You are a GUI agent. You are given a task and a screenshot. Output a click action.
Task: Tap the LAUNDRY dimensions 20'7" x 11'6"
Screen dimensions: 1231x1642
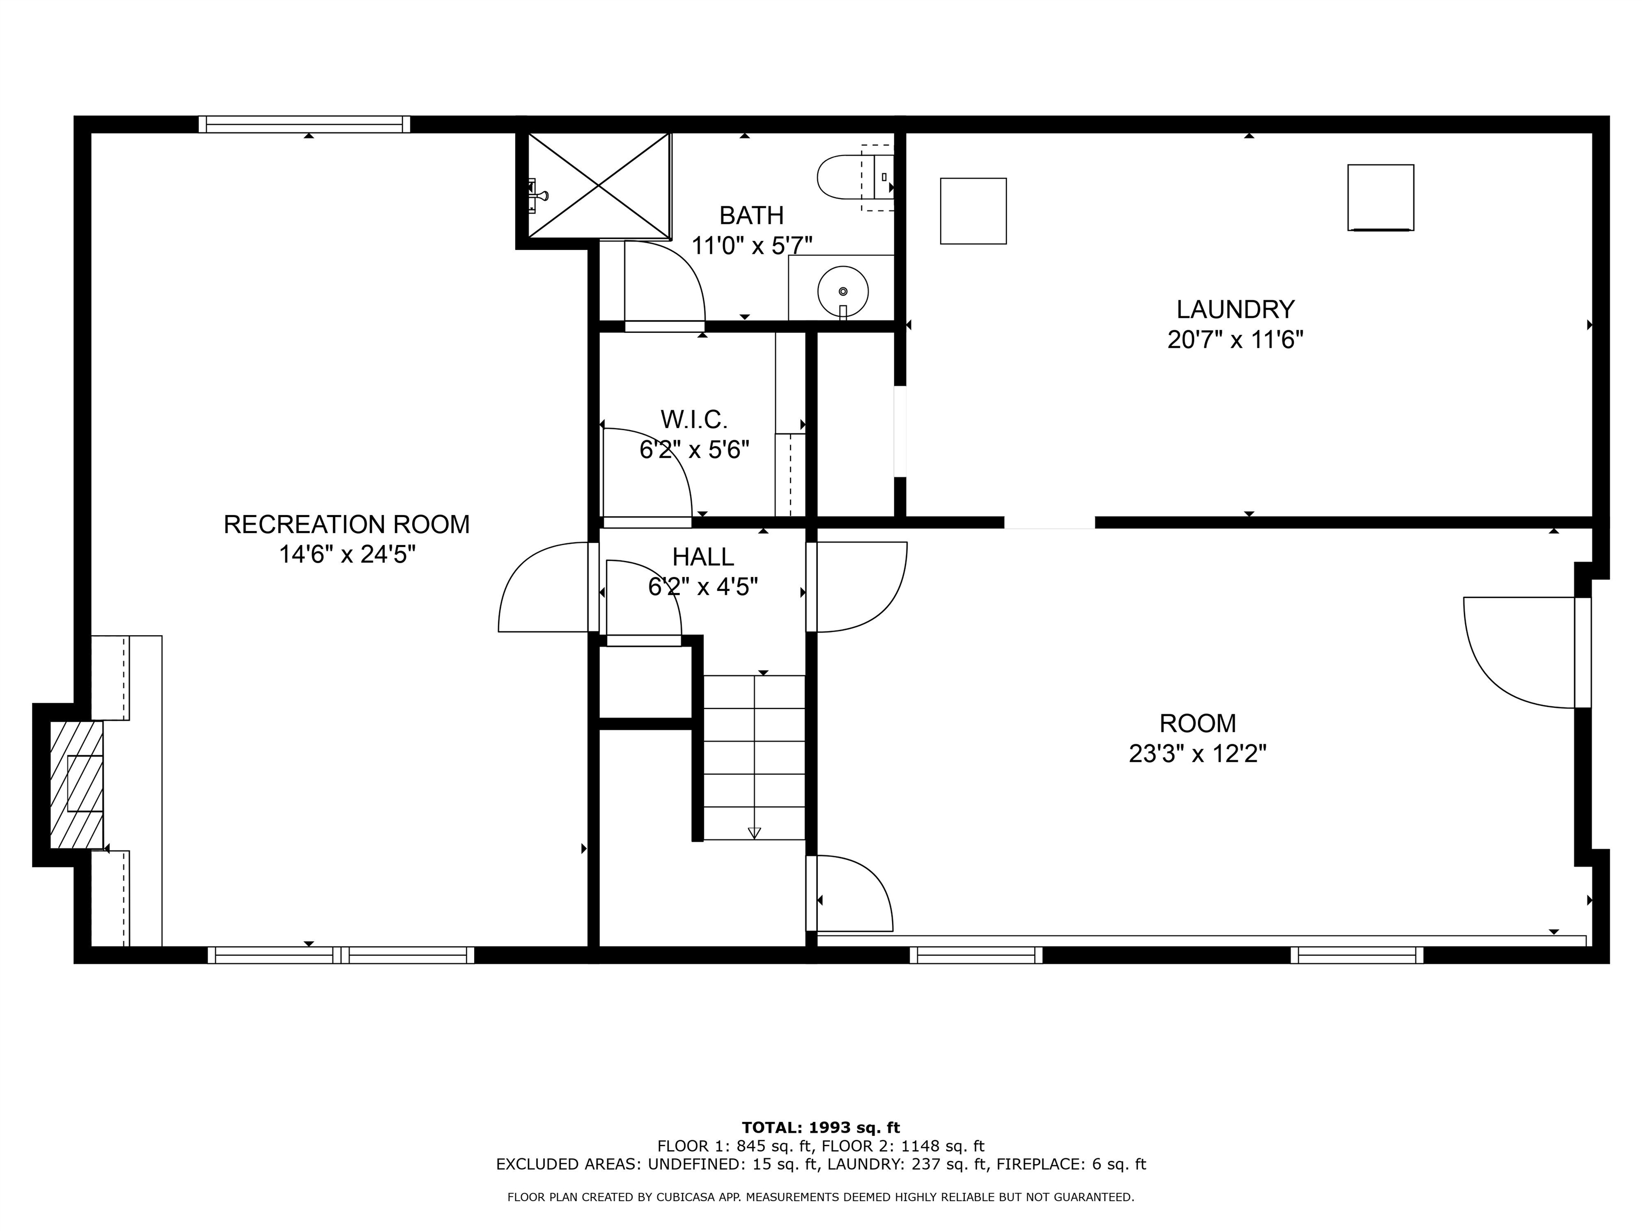tap(1235, 340)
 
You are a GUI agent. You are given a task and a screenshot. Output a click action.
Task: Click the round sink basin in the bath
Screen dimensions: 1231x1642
tap(842, 292)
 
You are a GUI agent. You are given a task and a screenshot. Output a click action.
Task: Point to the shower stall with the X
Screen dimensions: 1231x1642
tap(598, 186)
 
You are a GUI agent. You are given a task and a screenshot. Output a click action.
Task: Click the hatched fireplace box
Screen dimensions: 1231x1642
tap(76, 784)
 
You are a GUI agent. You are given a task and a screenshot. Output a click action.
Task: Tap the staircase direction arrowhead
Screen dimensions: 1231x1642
tap(754, 832)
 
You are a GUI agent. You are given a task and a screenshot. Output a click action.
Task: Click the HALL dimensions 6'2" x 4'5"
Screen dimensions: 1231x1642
tap(702, 587)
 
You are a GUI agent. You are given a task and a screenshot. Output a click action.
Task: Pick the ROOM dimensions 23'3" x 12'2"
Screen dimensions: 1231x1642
tap(1197, 754)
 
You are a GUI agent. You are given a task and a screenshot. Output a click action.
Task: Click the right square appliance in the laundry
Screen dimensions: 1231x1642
tap(1380, 197)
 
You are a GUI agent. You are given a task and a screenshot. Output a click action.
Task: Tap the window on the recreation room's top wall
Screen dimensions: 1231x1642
tap(304, 124)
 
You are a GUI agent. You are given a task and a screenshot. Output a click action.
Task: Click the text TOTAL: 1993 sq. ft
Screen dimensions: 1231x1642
tap(820, 1128)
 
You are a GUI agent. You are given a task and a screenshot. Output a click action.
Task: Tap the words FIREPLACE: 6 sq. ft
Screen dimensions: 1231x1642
tap(1071, 1164)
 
